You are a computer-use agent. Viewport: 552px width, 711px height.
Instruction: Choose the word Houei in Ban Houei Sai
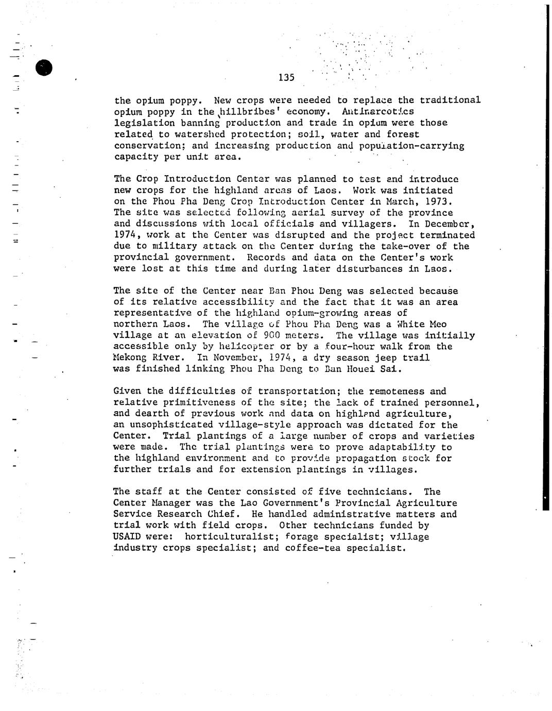point(363,369)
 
